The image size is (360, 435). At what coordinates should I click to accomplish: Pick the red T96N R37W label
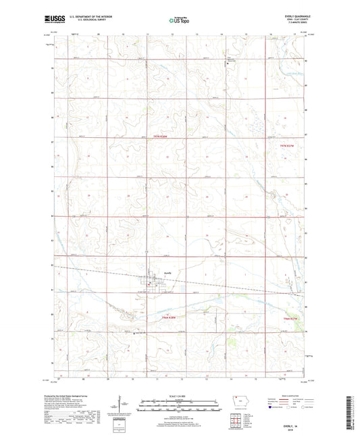[x=290, y=317]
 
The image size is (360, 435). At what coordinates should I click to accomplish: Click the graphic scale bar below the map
[x=179, y=406]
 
